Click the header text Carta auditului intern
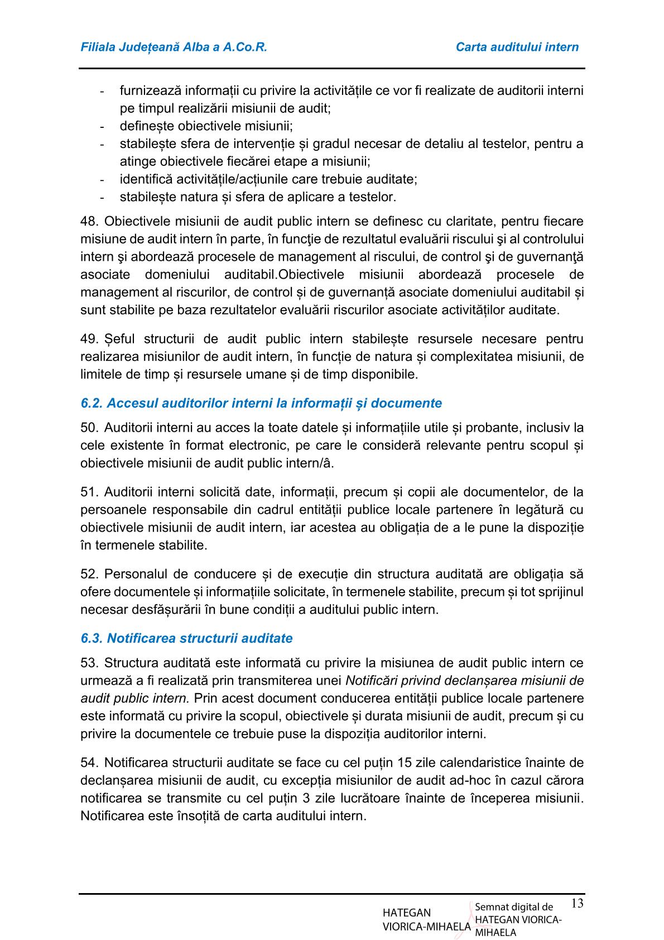tap(517, 47)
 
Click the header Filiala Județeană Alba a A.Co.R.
tap(174, 47)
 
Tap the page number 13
tap(577, 903)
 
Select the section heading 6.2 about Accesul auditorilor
tap(261, 403)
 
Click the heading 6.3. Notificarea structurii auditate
tap(186, 638)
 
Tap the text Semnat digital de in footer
tap(513, 908)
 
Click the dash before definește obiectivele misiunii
tap(102, 126)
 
